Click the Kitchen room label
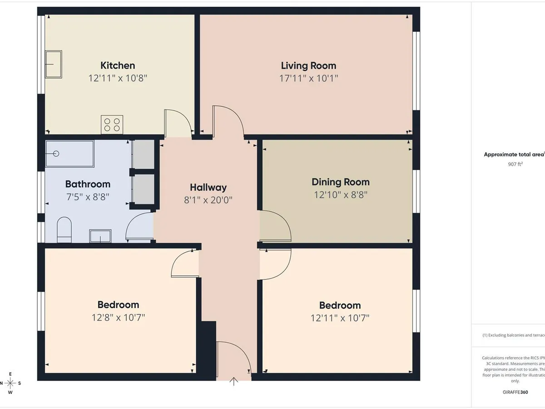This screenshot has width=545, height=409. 118,65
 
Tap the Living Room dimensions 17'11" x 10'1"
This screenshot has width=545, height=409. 308,78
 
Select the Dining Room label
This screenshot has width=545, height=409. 340,182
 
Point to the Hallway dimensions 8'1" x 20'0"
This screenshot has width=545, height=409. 208,199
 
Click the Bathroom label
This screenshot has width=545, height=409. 88,184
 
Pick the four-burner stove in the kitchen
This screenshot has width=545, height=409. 112,125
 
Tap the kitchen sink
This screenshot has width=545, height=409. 53,64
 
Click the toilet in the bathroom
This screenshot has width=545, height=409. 64,229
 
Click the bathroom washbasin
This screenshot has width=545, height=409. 100,236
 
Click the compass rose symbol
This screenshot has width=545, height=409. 10,383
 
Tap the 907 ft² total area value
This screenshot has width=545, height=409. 515,164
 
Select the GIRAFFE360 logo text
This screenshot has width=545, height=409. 515,392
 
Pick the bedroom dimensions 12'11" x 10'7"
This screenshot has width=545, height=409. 340,318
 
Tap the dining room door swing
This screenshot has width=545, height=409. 276,226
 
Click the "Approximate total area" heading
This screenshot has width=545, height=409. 514,155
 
